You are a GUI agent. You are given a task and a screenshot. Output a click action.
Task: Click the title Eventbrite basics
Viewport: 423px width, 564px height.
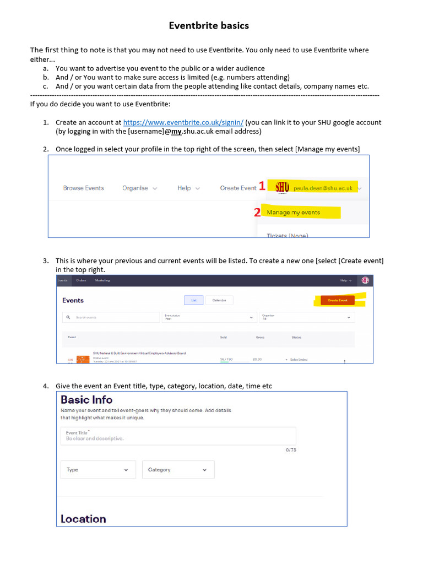pyautogui.click(x=209, y=26)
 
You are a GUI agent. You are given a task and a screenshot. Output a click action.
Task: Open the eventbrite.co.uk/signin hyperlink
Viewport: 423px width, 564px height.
pyautogui.click(x=183, y=122)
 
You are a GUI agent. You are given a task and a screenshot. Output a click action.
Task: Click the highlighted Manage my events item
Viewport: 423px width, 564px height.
pyautogui.click(x=293, y=213)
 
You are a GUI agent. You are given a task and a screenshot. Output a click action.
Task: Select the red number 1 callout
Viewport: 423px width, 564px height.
pyautogui.click(x=262, y=187)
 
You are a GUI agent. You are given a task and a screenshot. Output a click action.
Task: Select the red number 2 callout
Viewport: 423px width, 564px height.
pyautogui.click(x=257, y=213)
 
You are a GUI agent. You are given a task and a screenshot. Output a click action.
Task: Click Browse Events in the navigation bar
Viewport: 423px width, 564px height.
pyautogui.click(x=83, y=188)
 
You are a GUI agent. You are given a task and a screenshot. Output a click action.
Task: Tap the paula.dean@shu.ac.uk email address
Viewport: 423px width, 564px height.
pyautogui.click(x=323, y=188)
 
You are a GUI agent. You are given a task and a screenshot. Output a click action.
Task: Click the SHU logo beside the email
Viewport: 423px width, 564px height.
pyautogui.click(x=282, y=187)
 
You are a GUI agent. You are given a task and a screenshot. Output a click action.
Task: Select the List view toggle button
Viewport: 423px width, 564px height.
pyautogui.click(x=194, y=300)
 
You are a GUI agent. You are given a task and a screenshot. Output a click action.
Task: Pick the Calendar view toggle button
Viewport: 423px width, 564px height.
pyautogui.click(x=219, y=300)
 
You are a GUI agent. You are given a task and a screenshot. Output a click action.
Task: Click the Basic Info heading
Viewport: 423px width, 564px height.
pyautogui.click(x=86, y=400)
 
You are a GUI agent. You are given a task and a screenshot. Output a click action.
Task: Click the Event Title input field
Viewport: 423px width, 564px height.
pyautogui.click(x=178, y=436)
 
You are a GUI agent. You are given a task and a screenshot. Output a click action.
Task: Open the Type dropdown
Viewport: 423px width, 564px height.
pyautogui.click(x=98, y=470)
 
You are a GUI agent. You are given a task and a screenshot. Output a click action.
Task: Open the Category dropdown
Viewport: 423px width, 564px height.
pyautogui.click(x=178, y=470)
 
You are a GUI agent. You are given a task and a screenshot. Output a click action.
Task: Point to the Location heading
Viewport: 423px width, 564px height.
pyautogui.click(x=83, y=519)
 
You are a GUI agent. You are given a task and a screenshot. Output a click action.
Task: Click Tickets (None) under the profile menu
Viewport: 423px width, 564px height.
pyautogui.click(x=287, y=235)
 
